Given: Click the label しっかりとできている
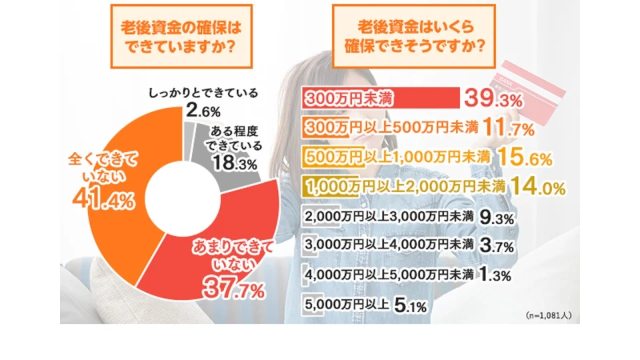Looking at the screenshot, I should pos(202,93).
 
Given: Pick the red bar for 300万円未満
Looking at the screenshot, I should pos(381,98).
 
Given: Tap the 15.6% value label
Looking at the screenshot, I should pos(525,158).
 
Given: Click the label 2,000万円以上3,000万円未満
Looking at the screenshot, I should pos(389,217).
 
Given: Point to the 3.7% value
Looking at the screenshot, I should pos(496,246).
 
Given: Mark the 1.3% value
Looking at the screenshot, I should pos(496,274).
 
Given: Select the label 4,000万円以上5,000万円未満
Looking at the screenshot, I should pos(389,274).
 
